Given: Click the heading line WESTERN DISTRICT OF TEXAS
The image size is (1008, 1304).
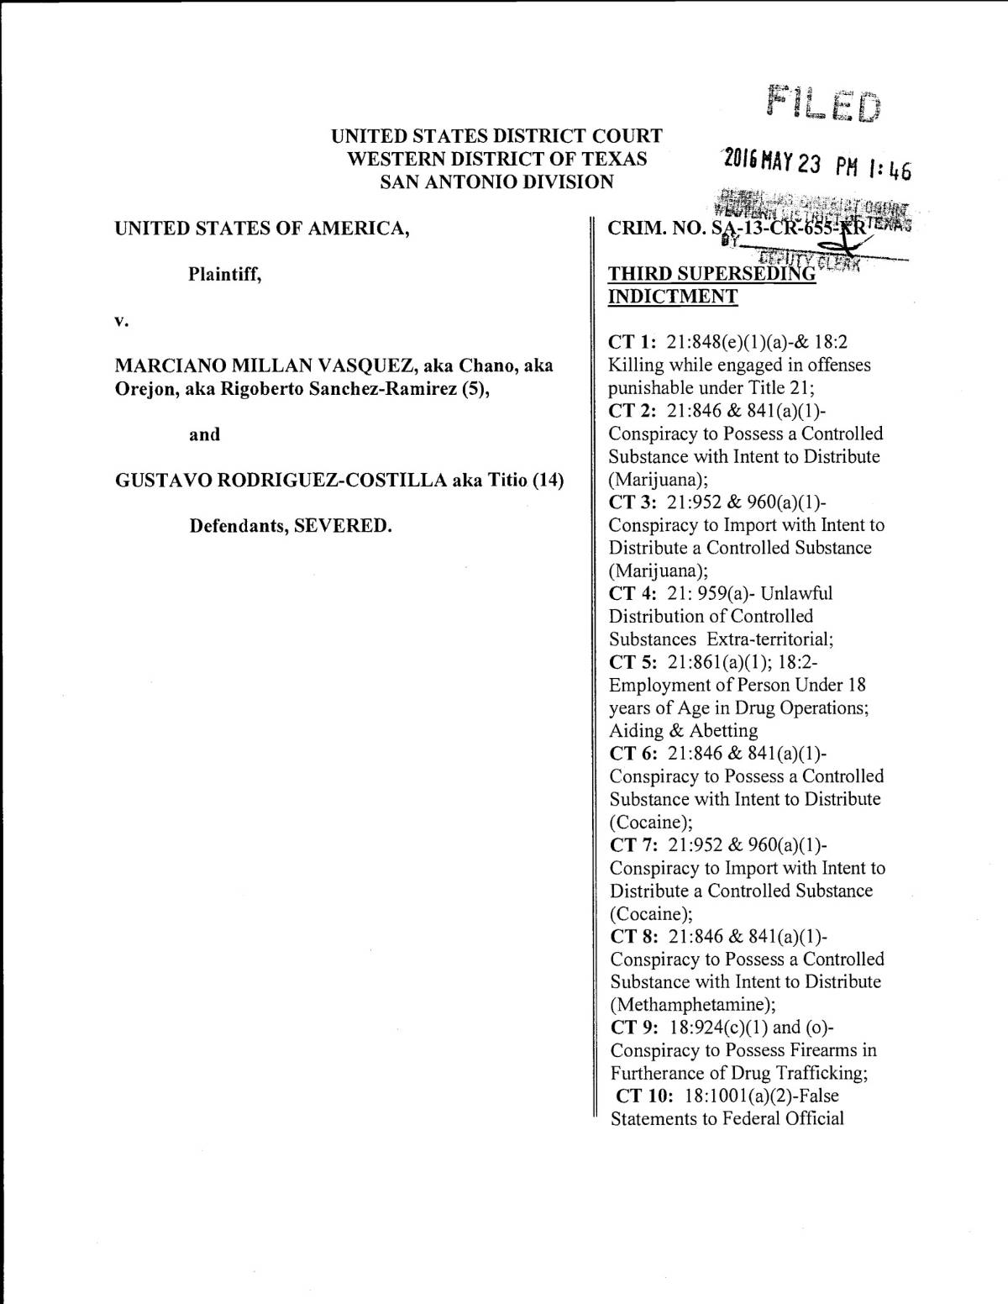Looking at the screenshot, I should click(x=497, y=159).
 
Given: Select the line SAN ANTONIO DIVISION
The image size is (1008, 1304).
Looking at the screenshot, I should click(x=497, y=181).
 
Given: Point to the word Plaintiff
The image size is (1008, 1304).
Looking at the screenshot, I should click(x=224, y=274).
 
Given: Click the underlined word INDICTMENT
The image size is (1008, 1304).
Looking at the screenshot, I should click(x=673, y=297).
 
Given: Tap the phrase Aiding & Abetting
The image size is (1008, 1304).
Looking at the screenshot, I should click(x=684, y=730).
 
